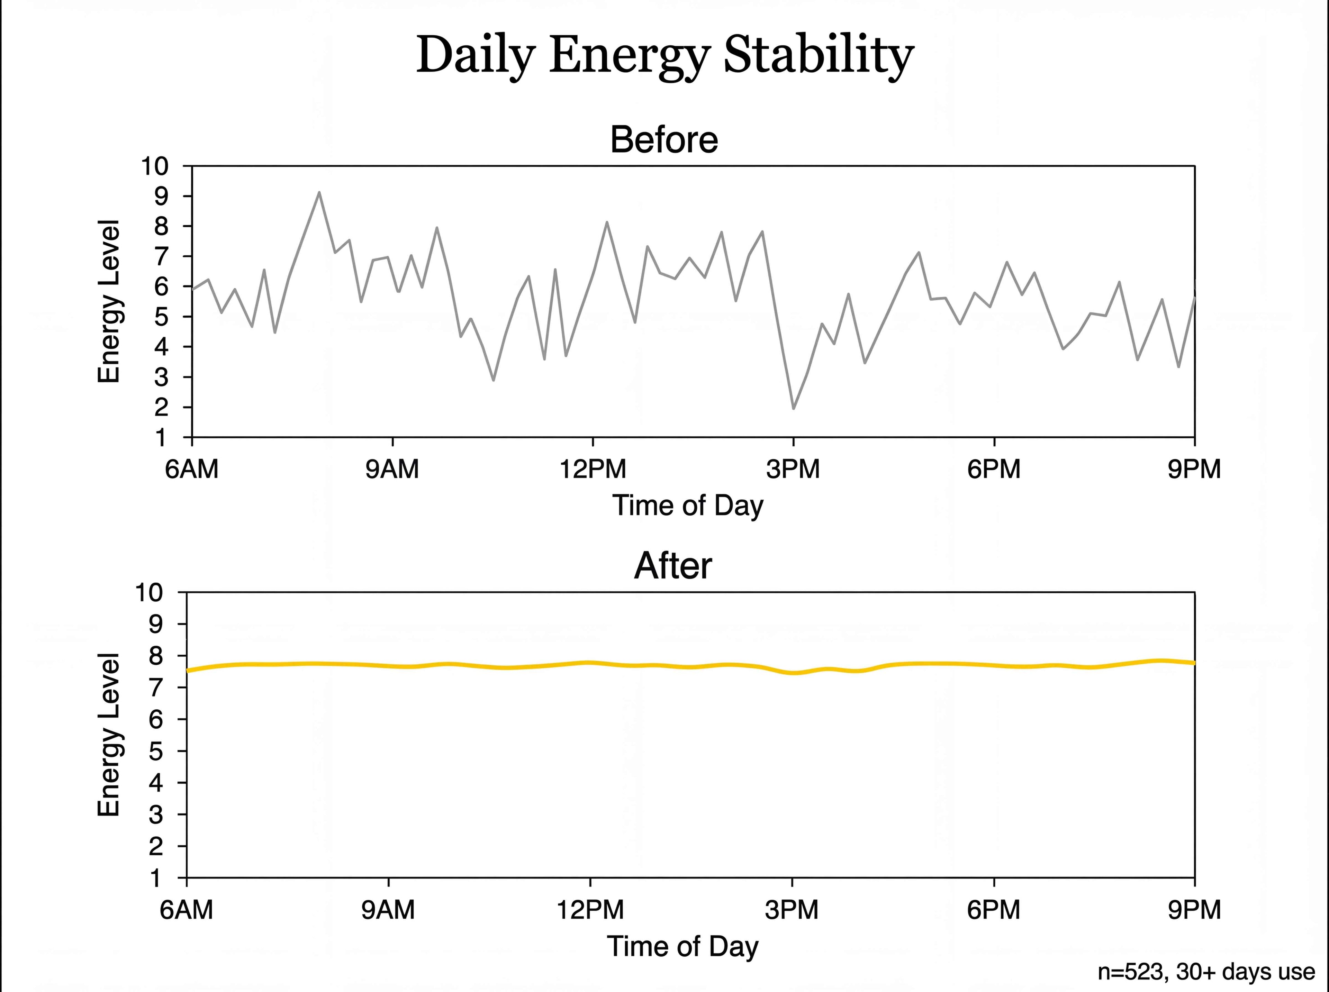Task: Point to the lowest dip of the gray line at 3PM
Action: [x=794, y=408]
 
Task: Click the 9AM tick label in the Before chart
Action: [x=392, y=468]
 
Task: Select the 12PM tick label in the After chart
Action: [x=590, y=910]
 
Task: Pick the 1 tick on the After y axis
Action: [x=155, y=878]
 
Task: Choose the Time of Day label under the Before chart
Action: [x=688, y=506]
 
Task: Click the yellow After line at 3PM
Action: [x=793, y=673]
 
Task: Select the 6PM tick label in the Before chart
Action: [x=994, y=468]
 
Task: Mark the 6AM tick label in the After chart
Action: [x=186, y=910]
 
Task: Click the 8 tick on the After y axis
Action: [x=155, y=656]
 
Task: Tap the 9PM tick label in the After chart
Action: [x=1194, y=910]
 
